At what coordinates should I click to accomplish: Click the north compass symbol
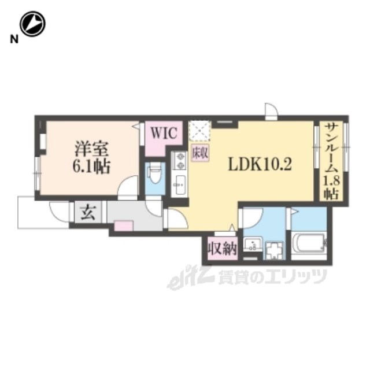point(32,24)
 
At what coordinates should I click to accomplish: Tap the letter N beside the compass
point(14,39)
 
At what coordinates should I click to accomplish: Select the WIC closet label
point(164,133)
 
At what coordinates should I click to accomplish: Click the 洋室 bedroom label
point(91,149)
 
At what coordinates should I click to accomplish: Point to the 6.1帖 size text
point(91,167)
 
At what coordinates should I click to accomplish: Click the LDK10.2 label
point(260,164)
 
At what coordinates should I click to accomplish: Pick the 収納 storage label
point(222,249)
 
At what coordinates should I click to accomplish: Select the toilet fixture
point(155,174)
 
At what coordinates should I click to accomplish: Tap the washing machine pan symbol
point(275,250)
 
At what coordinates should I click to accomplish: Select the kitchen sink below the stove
point(179,185)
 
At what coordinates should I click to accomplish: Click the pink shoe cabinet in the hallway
point(123,226)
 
